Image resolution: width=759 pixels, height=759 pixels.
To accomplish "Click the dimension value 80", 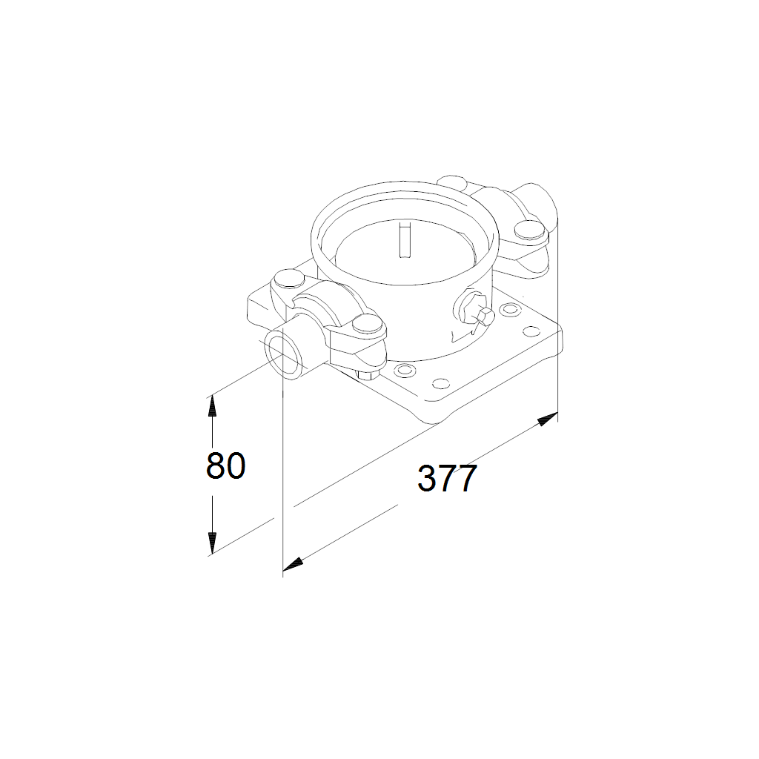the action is coord(226,465).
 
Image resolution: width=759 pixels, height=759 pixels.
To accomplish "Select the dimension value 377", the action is coord(447,478).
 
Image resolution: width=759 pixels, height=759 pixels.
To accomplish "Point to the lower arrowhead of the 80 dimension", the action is coord(211,543).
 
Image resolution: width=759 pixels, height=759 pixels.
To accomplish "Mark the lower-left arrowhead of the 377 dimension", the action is coord(293,564).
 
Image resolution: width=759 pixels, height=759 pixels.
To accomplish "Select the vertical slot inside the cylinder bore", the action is coord(403,239).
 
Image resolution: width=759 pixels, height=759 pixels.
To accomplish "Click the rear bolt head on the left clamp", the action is coord(289,279).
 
